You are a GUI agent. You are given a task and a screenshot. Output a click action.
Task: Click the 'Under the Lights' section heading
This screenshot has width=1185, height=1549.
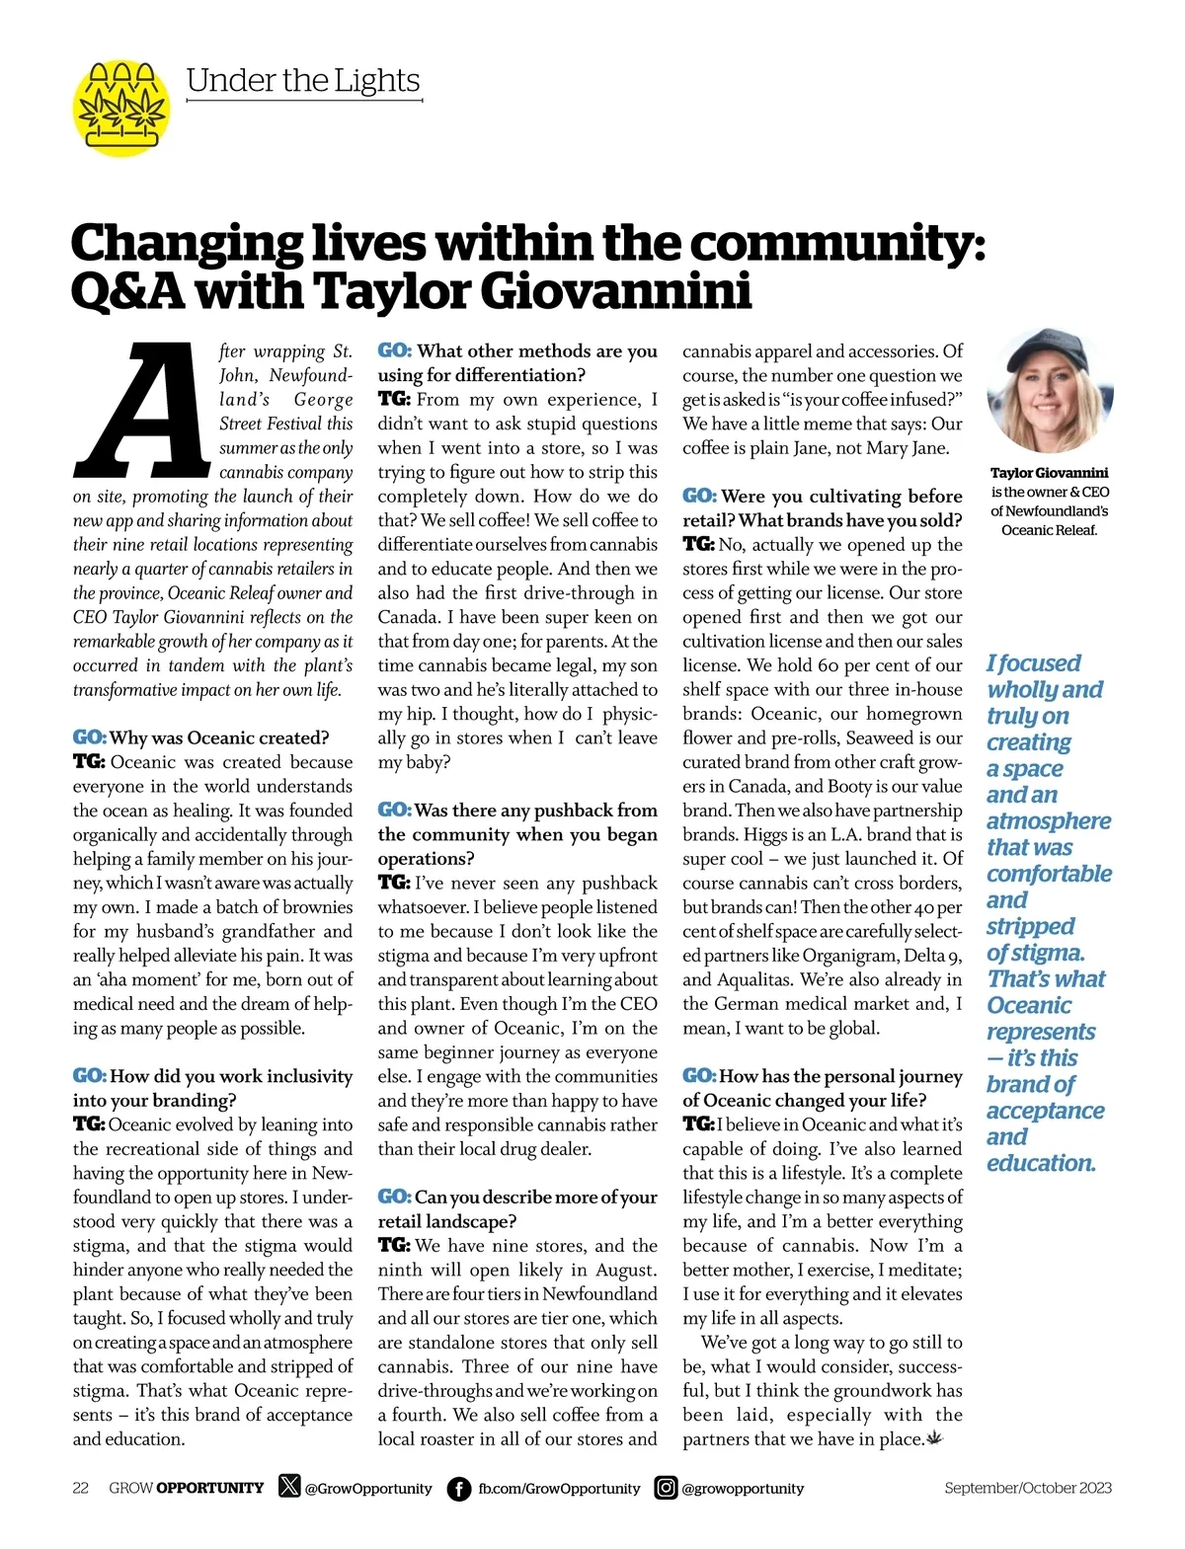coord(303,81)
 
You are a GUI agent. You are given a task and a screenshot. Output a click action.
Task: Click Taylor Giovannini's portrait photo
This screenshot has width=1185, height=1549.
coord(1050,391)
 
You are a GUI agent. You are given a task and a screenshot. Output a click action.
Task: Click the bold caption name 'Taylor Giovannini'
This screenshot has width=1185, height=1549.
coord(1050,473)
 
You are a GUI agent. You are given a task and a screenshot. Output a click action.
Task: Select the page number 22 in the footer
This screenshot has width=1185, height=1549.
coord(81,1488)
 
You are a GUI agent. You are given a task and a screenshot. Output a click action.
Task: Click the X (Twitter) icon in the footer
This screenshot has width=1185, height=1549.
coord(289,1487)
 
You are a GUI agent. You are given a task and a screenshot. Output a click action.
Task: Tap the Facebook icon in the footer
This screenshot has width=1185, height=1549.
coord(459,1489)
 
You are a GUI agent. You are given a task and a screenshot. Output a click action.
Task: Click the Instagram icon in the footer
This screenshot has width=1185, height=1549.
coord(667,1488)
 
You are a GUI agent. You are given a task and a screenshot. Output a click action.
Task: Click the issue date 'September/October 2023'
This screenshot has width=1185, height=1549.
coord(1027,1488)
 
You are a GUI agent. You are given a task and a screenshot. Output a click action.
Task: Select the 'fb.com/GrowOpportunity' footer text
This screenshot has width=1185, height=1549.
coord(559,1489)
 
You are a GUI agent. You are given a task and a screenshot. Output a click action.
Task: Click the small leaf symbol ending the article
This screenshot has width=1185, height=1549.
coord(935,1438)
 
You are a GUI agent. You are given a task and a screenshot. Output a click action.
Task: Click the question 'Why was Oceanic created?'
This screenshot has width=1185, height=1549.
coord(218,737)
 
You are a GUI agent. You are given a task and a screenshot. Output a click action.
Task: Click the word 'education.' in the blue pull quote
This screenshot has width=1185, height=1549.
coord(1041,1163)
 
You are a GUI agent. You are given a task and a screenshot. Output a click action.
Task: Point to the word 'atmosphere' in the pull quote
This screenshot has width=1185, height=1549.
coord(1048,821)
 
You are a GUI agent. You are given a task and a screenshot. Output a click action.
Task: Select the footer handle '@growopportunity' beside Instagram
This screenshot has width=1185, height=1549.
coord(743,1489)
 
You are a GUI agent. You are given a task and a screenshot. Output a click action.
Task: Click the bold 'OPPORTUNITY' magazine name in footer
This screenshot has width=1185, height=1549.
coord(210,1488)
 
